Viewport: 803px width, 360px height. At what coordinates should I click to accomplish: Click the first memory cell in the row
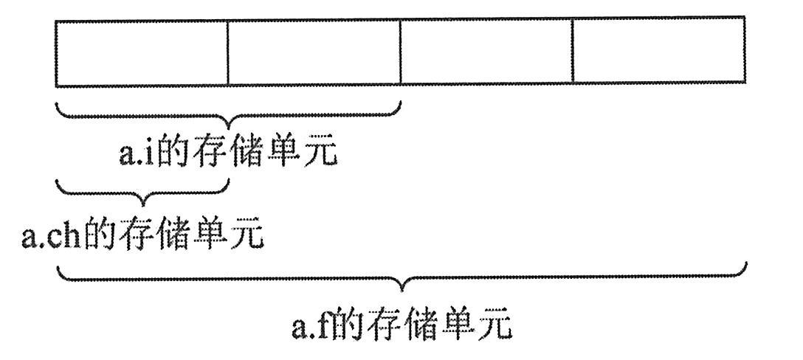[142, 51]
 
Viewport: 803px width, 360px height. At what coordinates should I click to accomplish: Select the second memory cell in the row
[314, 51]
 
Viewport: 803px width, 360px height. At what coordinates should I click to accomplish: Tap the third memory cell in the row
[486, 51]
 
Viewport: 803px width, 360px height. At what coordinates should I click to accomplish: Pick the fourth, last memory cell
[658, 51]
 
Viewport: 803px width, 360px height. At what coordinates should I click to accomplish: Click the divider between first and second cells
[227, 51]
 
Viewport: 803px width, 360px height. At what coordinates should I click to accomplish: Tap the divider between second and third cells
[400, 51]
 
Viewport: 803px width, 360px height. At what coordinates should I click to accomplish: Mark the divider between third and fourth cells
[573, 51]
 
